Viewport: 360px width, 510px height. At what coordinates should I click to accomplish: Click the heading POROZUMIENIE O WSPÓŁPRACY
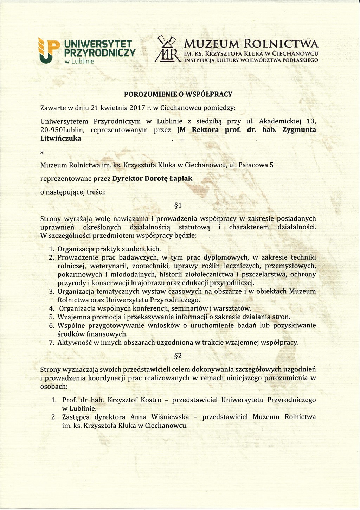(x=178, y=94)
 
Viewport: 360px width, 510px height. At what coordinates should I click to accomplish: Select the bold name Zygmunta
(x=298, y=130)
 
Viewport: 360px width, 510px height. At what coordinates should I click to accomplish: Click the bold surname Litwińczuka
(x=61, y=139)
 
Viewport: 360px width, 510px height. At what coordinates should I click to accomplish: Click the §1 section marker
(x=178, y=205)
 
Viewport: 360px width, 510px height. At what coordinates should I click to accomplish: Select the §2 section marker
(x=178, y=356)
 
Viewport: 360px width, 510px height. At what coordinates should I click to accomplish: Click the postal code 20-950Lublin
(x=63, y=130)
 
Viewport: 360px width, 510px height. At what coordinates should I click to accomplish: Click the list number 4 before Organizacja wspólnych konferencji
(x=51, y=309)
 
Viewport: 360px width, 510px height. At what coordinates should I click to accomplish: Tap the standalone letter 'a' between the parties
(x=42, y=153)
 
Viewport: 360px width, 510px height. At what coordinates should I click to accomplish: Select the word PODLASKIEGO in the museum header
(x=301, y=60)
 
